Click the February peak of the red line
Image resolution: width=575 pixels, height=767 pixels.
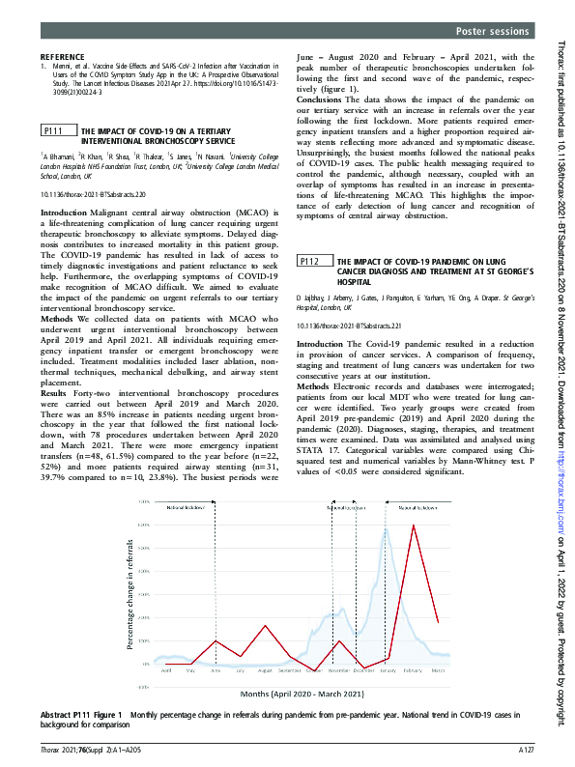pos(414,526)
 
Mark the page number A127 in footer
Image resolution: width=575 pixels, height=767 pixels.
pos(526,750)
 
